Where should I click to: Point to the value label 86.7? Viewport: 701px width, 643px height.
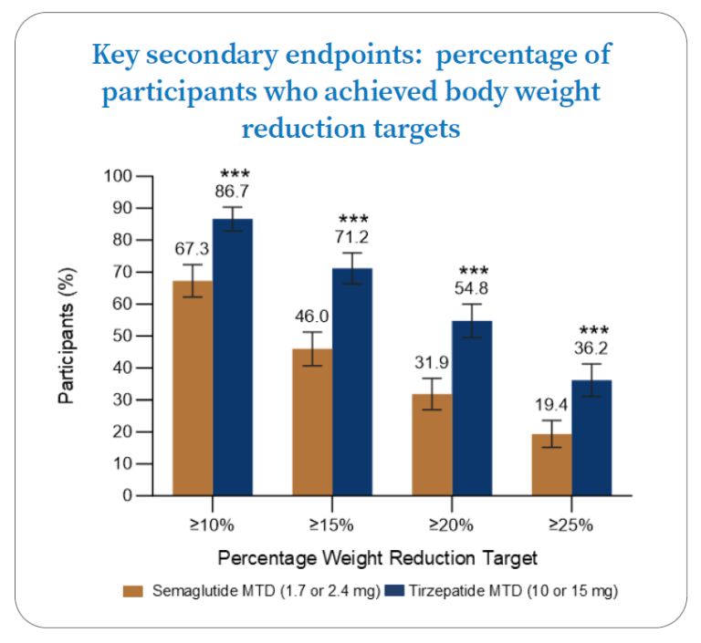pyautogui.click(x=232, y=192)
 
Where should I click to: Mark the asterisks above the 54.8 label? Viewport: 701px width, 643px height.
pyautogui.click(x=474, y=272)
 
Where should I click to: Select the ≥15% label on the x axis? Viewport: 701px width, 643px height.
pyautogui.click(x=332, y=525)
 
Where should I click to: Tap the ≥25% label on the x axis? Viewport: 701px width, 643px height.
pyautogui.click(x=571, y=525)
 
